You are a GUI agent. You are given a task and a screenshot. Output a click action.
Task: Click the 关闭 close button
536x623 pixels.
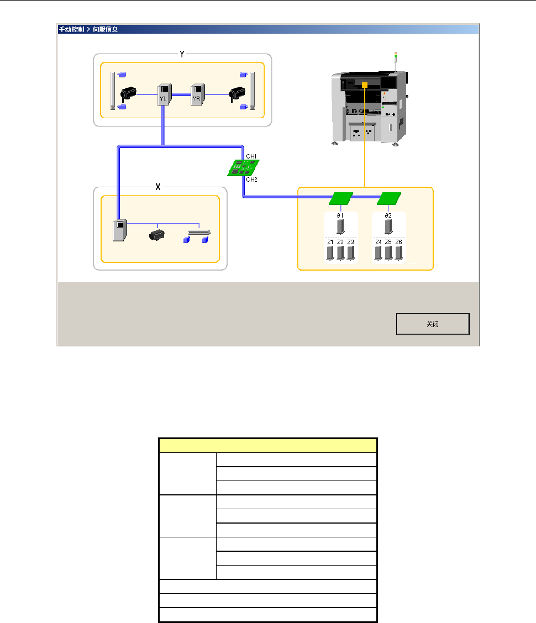(433, 324)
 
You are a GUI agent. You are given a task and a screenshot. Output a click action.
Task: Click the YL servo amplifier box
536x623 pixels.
(164, 94)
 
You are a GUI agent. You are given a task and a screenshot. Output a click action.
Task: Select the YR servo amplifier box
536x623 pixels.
(197, 94)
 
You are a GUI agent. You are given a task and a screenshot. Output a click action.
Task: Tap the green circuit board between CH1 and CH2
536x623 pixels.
(244, 167)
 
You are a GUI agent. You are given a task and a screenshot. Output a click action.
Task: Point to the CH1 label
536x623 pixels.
(251, 157)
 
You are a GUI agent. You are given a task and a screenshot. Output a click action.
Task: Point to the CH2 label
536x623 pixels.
(251, 179)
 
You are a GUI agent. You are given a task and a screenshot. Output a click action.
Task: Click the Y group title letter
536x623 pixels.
(182, 54)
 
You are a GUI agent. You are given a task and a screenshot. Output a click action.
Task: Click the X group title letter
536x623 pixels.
(158, 187)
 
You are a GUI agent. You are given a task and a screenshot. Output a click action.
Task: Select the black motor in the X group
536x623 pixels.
(158, 235)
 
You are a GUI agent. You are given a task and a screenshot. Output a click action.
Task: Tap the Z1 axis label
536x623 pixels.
(330, 242)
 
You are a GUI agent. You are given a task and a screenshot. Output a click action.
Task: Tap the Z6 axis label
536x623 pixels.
(399, 242)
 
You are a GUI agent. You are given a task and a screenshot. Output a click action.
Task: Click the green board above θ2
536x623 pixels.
(389, 198)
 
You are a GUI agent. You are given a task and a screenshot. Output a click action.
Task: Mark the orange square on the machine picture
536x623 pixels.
(365, 85)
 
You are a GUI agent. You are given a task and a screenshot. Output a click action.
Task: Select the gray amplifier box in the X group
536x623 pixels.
(119, 230)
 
